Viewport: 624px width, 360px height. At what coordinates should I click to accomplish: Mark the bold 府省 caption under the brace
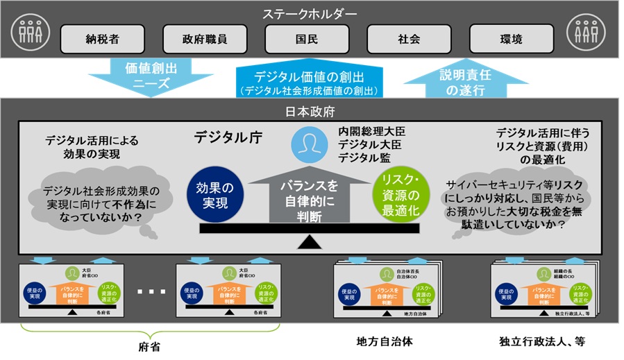pos(150,346)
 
